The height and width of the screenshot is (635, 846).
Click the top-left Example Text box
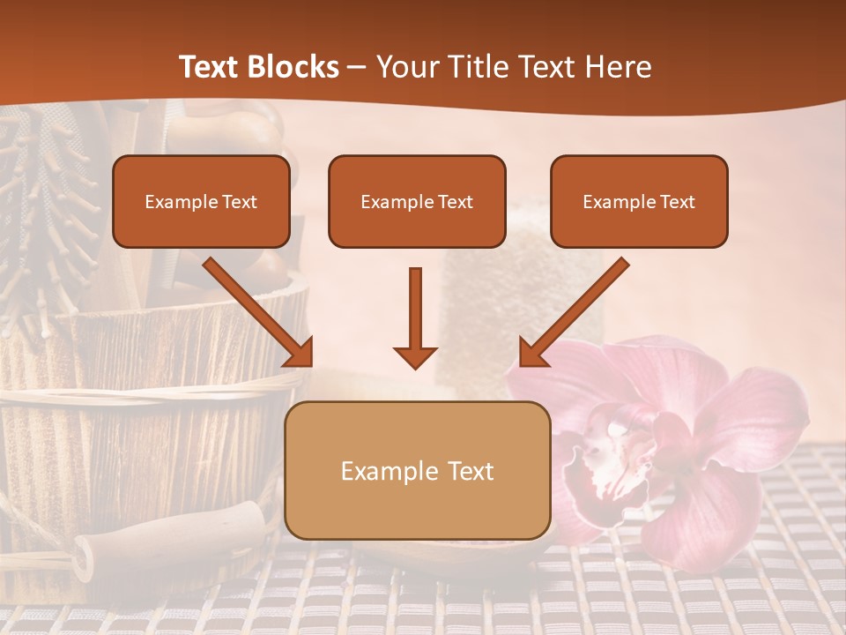tap(201, 202)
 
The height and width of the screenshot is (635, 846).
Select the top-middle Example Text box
tap(417, 202)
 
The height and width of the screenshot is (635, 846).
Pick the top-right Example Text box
tap(639, 202)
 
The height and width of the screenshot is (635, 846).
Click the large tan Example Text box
tap(417, 471)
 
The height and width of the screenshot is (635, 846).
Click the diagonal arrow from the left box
tap(259, 312)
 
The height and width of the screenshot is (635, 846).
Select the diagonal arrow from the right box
tap(573, 312)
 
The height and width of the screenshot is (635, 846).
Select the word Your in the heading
tap(406, 67)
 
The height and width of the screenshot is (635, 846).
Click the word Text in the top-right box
tap(678, 202)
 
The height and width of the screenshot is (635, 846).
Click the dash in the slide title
tap(357, 67)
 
